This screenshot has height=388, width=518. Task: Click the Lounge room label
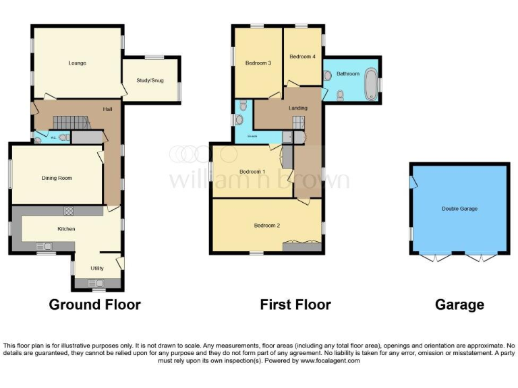click(x=77, y=63)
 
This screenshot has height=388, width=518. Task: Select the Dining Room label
click(x=57, y=178)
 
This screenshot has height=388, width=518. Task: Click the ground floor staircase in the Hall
click(x=71, y=122)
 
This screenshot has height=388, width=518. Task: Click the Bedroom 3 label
click(x=258, y=63)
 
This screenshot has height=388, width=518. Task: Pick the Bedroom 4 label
click(x=302, y=57)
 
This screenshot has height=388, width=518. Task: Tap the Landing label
click(x=297, y=108)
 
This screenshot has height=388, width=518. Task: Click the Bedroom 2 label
click(x=266, y=225)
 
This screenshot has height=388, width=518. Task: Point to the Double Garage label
click(x=459, y=209)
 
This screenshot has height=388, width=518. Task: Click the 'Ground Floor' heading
click(x=94, y=304)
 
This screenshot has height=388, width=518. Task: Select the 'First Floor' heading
click(x=295, y=304)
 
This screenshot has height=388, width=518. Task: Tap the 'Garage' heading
click(x=459, y=304)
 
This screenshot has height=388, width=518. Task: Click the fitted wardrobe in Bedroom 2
click(x=301, y=247)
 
